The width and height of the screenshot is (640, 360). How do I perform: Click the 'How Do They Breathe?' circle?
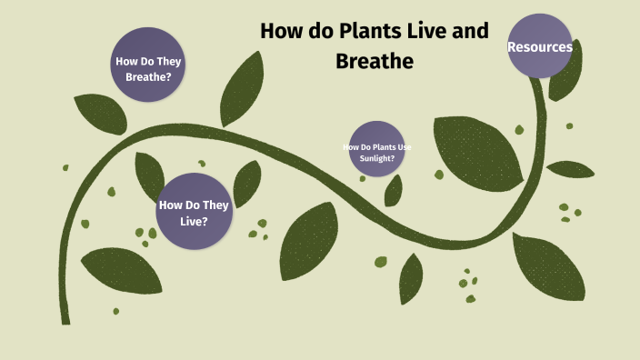pos(148,69)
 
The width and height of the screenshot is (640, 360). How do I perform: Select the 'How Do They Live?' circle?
pos(194,211)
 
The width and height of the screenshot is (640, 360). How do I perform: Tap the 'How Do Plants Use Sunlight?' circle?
pos(376,149)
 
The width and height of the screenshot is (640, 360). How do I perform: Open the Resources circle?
pos(540,46)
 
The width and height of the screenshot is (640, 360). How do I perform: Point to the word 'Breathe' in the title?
pos(375,60)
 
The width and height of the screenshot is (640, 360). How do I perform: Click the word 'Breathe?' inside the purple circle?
pos(148,77)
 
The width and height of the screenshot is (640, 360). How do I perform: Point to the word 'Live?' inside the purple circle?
pos(194,220)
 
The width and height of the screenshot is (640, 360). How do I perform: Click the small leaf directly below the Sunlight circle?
pos(394,190)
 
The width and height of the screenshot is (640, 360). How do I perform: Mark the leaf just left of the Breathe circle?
pos(99,112)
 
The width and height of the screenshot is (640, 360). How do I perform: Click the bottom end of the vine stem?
pos(65,318)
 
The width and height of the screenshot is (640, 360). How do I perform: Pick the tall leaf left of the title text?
pos(242,88)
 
